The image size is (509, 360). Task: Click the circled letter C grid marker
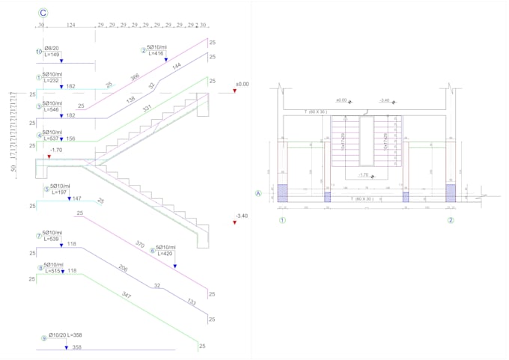pyautogui.click(x=43, y=13)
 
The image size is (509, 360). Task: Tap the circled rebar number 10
pyautogui.click(x=39, y=52)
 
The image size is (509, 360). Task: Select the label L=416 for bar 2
pyautogui.click(x=156, y=54)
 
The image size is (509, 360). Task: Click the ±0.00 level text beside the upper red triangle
pyautogui.click(x=242, y=85)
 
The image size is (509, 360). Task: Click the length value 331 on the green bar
pyautogui.click(x=148, y=110)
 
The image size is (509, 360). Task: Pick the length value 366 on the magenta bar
pyautogui.click(x=135, y=78)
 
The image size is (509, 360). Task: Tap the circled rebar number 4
pyautogui.click(x=39, y=135)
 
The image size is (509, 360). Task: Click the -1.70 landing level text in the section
pyautogui.click(x=55, y=150)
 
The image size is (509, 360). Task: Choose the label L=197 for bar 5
pyautogui.click(x=55, y=192)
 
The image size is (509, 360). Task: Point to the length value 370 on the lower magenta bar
pyautogui.click(x=139, y=244)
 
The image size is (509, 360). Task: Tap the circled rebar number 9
pyautogui.click(x=43, y=338)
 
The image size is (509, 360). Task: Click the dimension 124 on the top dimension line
pyautogui.click(x=71, y=25)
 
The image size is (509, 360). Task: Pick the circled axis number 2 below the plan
pyautogui.click(x=451, y=220)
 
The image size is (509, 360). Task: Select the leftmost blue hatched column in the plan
pyautogui.click(x=282, y=193)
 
